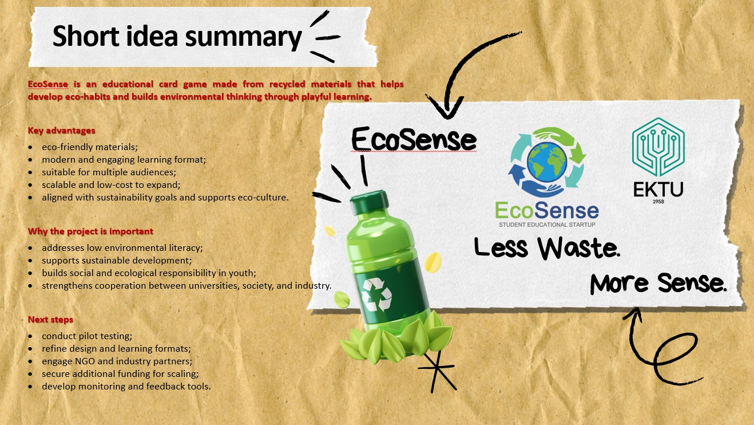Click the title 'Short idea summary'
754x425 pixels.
pos(177,36)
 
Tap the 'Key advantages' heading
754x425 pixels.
pos(62,131)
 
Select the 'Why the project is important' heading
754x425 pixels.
pos(90,231)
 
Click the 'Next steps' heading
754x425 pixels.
pos(50,320)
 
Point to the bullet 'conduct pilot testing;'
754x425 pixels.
pos(87,336)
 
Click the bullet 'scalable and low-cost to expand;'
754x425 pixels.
pos(111,184)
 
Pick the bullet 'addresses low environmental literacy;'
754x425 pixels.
pos(122,247)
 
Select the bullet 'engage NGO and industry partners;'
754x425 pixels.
pos(117,361)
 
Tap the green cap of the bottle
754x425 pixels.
pos(369,202)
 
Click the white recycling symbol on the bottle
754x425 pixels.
pos(376,294)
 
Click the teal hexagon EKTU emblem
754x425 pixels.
pos(658,147)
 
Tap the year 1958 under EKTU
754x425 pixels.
pos(658,202)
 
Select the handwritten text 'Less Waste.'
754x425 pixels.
pos(547,248)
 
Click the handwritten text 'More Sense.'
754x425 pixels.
pos(658,283)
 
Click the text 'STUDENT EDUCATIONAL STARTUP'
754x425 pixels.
pos(547,225)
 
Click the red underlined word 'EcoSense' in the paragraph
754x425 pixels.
pos(48,84)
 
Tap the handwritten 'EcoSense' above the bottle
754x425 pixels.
pos(414,139)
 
